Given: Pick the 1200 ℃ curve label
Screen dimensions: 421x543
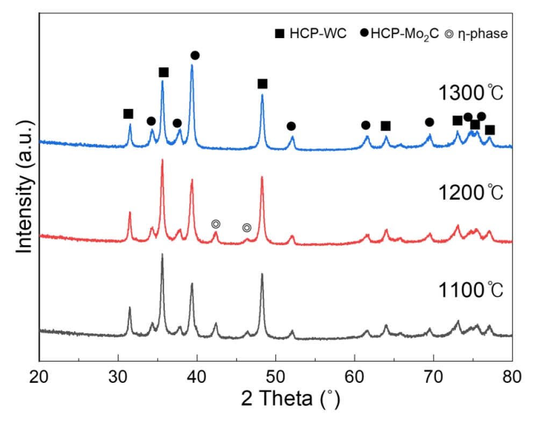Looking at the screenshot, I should (x=470, y=191).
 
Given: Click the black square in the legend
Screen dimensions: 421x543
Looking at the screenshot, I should (x=280, y=33).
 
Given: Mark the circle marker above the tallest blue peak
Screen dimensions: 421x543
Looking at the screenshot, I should (x=195, y=55).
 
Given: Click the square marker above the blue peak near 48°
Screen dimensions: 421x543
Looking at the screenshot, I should (x=262, y=83).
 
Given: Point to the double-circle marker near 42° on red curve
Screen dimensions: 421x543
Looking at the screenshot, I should (x=216, y=224).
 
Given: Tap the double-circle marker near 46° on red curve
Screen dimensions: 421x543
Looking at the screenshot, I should (x=247, y=228).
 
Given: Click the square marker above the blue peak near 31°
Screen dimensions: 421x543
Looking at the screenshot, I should (x=128, y=113).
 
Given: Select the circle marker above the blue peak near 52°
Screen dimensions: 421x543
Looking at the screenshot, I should (x=291, y=126).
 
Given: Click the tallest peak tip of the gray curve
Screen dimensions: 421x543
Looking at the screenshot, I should (x=162, y=254).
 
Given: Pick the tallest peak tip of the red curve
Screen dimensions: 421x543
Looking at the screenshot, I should (x=162, y=160).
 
